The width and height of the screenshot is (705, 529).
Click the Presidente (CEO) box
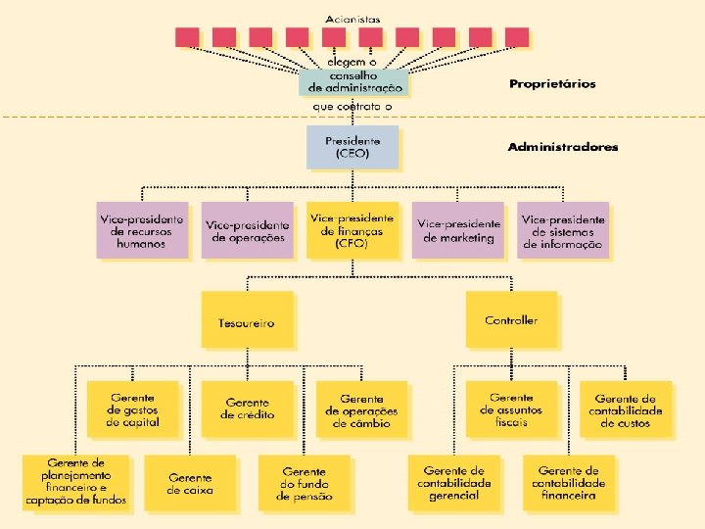(x=352, y=147)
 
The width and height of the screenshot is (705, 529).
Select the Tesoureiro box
(x=247, y=319)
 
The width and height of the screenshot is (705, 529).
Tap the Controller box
(x=510, y=319)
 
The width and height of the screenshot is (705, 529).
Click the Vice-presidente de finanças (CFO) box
(x=352, y=230)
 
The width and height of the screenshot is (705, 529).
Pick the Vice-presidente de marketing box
(x=457, y=230)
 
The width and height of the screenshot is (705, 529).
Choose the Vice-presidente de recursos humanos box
(x=142, y=230)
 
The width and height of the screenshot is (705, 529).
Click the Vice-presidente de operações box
(x=247, y=230)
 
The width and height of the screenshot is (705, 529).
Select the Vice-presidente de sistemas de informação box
(x=562, y=230)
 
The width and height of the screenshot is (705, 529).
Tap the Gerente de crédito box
(x=247, y=409)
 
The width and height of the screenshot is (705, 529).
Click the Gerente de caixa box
(x=189, y=483)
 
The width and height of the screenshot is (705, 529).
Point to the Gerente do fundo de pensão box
(x=305, y=483)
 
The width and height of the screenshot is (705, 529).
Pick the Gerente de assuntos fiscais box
(x=510, y=409)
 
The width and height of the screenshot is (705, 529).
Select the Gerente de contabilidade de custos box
(x=627, y=409)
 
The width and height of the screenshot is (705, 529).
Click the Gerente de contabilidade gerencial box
(x=453, y=483)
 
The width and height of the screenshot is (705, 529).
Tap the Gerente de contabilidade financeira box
(x=568, y=483)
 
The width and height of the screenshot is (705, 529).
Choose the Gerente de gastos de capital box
(x=132, y=409)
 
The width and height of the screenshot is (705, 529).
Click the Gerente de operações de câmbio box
(x=361, y=409)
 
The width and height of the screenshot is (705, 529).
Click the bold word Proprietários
(x=551, y=84)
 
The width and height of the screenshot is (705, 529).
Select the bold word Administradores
(x=562, y=147)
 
